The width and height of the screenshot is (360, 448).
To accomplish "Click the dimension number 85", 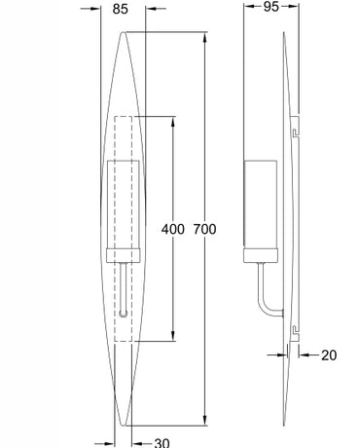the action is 121,9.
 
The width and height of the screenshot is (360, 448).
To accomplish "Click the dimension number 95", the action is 270,7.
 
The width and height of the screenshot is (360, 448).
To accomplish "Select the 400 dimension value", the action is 173,229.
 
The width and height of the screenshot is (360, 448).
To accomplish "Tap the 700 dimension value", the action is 204,229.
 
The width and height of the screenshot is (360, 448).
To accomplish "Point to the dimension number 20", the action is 329,355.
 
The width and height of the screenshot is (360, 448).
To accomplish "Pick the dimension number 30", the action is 162,443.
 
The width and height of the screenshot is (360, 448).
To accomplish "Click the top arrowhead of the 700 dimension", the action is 204,37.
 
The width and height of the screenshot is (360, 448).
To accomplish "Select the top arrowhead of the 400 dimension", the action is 173,122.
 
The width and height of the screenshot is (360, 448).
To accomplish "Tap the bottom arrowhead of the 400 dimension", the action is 173,336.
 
